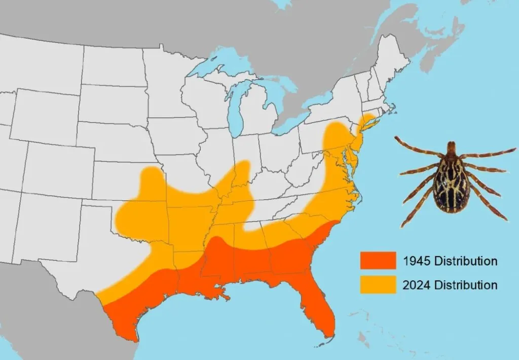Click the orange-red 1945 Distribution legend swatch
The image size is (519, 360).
pos(378,261)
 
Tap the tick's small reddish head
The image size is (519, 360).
pos(451,148)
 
